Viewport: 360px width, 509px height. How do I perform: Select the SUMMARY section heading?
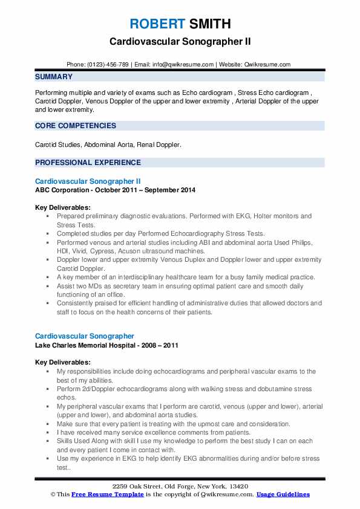point(54,77)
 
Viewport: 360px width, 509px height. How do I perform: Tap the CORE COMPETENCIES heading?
point(76,126)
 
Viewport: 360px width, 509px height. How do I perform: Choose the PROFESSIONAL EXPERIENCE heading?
point(88,163)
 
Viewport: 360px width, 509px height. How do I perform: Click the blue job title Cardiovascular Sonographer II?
point(88,181)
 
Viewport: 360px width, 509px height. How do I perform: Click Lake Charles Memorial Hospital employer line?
point(93,345)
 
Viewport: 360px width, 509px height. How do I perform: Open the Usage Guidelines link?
point(283,494)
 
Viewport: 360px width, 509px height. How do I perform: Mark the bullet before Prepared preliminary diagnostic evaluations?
point(48,216)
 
